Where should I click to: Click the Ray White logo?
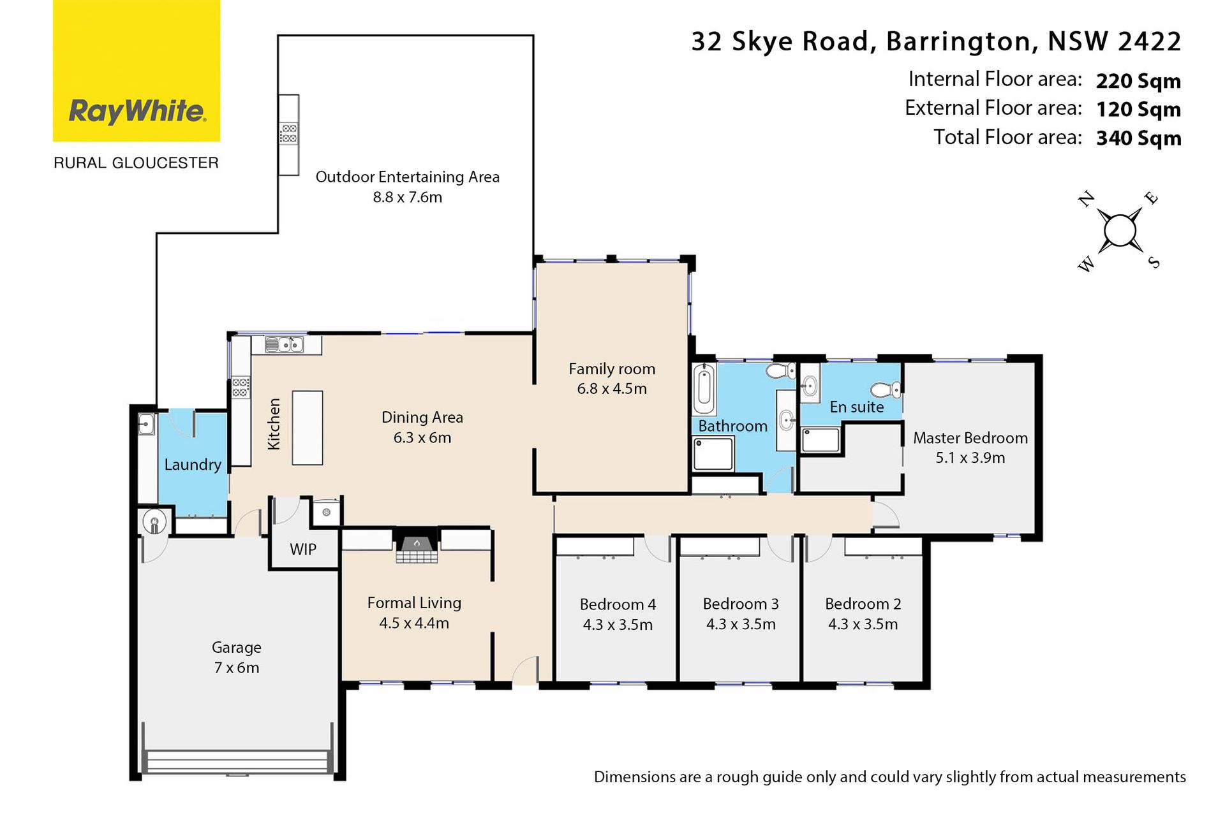137,71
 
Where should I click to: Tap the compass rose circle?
1120,230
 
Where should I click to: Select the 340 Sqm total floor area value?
1138,138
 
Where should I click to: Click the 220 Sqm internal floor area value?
1138,81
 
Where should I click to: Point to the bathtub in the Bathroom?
704,388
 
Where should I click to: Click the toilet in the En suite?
886,389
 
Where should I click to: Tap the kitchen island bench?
308,428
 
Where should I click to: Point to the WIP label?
303,549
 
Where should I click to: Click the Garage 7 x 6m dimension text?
237,667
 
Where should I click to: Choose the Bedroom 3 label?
741,604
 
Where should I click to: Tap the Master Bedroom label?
970,438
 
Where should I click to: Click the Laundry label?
193,465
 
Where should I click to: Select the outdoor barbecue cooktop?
289,133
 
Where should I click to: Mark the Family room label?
612,369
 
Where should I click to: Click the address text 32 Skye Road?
780,42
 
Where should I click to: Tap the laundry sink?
147,423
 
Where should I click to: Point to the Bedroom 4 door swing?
657,550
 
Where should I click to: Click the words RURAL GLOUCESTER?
136,163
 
